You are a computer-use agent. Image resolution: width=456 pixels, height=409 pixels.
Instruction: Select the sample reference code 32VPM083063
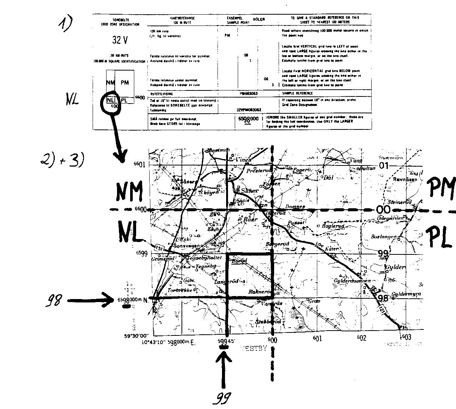click(x=249, y=110)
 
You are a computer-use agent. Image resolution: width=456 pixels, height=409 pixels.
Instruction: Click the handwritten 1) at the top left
click(x=64, y=24)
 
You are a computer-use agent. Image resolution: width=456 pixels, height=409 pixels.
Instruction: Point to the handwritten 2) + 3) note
click(x=61, y=160)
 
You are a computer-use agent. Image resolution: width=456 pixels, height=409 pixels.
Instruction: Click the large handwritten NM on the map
click(x=129, y=192)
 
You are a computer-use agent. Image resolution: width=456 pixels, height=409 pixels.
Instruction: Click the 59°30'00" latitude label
click(x=136, y=336)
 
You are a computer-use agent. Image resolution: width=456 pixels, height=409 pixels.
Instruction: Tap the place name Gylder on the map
click(x=395, y=267)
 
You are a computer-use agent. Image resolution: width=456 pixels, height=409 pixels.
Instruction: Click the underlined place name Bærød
click(x=239, y=261)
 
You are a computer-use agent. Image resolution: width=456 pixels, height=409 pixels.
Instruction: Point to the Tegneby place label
click(x=206, y=266)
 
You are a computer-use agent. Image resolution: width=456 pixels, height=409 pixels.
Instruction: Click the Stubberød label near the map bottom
click(x=268, y=322)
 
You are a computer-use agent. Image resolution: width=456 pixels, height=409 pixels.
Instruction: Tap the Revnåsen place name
click(x=405, y=179)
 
